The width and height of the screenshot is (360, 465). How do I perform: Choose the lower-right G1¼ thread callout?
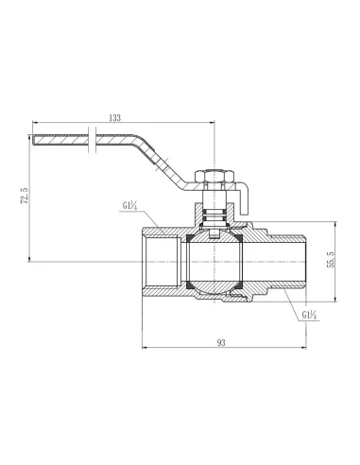point(309,314)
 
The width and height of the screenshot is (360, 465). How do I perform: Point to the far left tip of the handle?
point(36,143)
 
